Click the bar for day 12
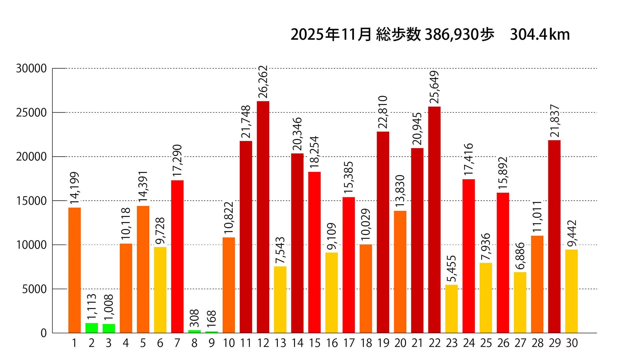(263, 217)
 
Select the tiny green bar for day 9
(212, 332)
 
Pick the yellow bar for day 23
(451, 309)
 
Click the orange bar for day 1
(74, 270)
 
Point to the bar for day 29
(554, 236)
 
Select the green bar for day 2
(92, 328)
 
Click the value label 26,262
(263, 82)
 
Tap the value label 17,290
(177, 160)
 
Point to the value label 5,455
(451, 269)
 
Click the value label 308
(194, 318)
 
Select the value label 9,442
(572, 233)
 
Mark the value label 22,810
(383, 112)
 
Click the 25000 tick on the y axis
(31, 113)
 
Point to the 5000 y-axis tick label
(34, 289)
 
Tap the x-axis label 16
(332, 343)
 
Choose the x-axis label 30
(572, 343)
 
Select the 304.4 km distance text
(540, 35)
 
